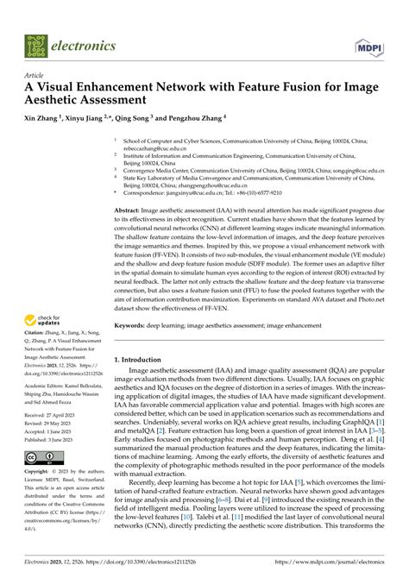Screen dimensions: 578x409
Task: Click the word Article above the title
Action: [x=36, y=77]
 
